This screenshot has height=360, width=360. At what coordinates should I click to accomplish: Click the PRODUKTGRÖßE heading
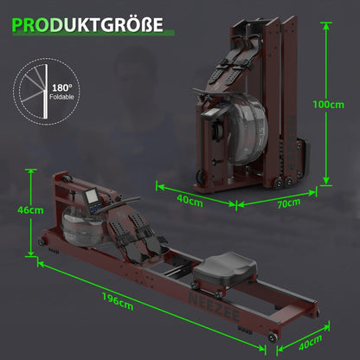87,25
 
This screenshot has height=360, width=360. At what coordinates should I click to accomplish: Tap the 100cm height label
328,105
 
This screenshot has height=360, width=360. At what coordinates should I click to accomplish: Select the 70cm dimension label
288,203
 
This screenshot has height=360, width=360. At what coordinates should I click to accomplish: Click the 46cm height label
30,210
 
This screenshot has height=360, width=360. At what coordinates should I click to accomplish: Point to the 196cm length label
118,301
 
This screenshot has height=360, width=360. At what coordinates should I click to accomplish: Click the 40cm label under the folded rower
190,200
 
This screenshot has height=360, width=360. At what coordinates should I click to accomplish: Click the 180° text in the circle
62,87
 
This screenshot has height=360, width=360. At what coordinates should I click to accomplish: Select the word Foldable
61,97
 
